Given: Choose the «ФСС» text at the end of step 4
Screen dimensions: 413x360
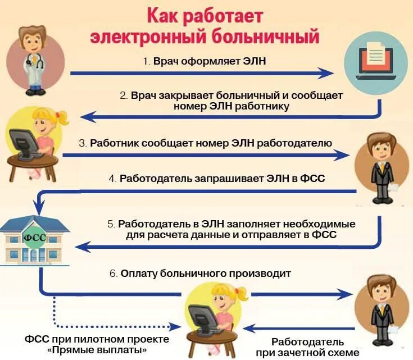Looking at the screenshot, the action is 314,178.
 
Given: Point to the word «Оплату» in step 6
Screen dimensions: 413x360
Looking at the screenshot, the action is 140,274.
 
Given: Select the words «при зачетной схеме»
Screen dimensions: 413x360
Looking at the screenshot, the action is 307,352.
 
